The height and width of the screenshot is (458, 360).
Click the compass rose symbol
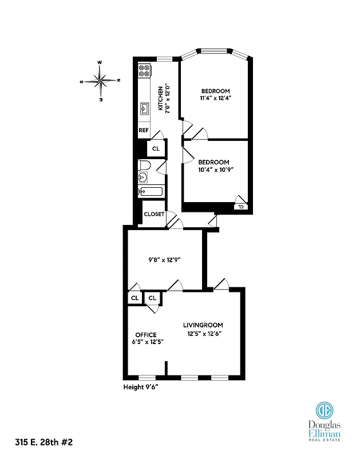point(101,81)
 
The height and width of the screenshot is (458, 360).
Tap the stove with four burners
point(144,70)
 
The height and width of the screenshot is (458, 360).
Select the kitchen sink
point(144,108)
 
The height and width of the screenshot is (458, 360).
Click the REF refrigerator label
point(144,131)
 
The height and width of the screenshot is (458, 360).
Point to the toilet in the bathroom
point(144,165)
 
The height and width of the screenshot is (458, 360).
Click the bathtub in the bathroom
point(151,192)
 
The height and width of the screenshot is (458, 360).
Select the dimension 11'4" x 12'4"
point(215,98)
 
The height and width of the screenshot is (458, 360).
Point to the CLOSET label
point(154,215)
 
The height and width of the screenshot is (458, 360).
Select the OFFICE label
point(145,335)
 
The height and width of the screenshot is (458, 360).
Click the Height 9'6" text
point(141,387)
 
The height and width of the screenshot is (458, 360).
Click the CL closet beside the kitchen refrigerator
point(156,148)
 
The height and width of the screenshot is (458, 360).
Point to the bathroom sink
point(143,179)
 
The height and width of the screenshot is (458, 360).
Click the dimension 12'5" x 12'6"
point(204,334)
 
